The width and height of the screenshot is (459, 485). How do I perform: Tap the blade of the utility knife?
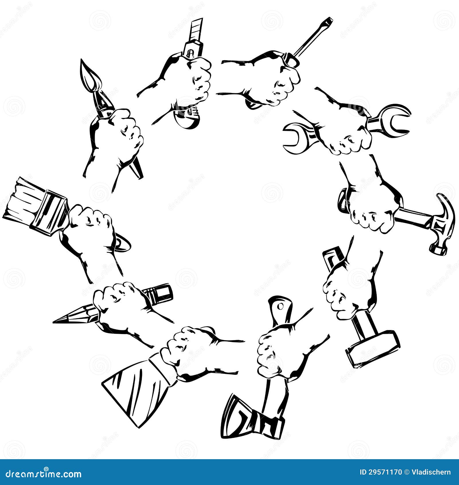[197, 29]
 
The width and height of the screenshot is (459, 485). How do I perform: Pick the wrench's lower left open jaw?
[295, 138]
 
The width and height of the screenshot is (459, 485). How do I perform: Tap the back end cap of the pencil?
[162, 294]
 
